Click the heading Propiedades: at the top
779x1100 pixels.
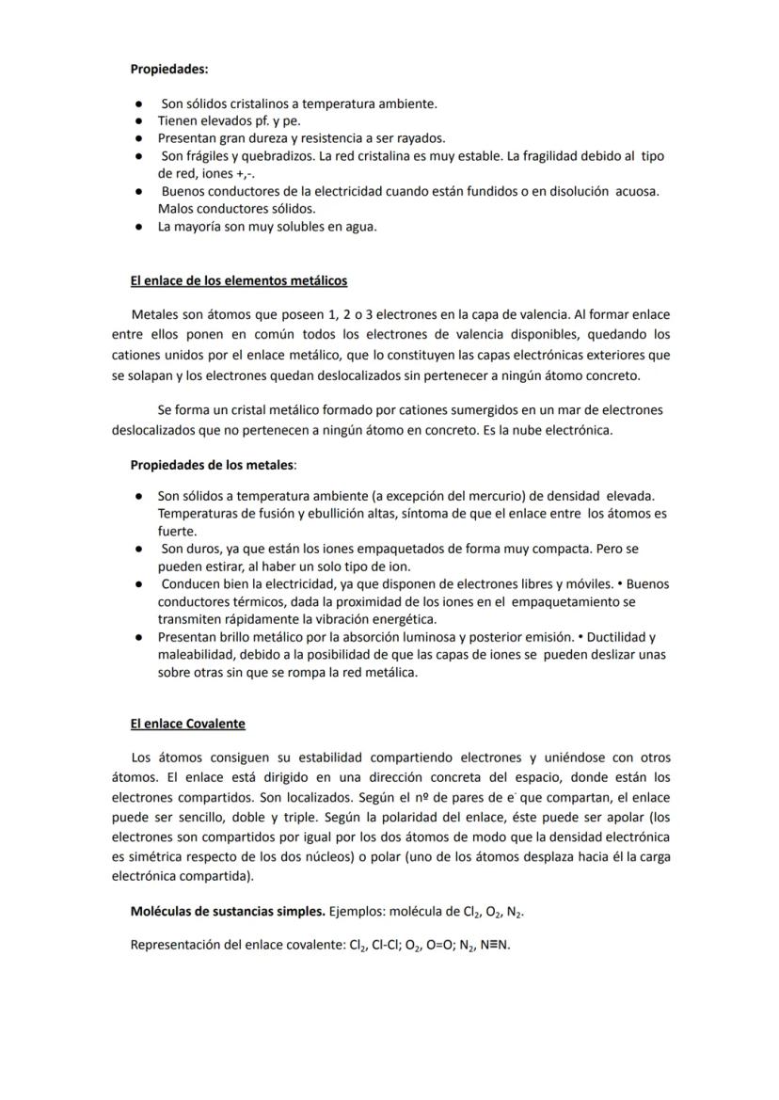[169, 69]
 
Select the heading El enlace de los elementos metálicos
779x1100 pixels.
[239, 280]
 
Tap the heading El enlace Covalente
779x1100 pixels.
[187, 724]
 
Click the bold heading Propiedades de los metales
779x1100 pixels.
[212, 465]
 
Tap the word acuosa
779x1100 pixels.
[637, 191]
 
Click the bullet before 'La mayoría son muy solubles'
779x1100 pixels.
[137, 226]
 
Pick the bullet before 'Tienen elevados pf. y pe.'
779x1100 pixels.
[137, 120]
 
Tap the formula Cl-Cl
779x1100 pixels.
[384, 946]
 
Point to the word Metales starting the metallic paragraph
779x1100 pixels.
[155, 314]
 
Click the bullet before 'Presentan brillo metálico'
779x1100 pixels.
[137, 637]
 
